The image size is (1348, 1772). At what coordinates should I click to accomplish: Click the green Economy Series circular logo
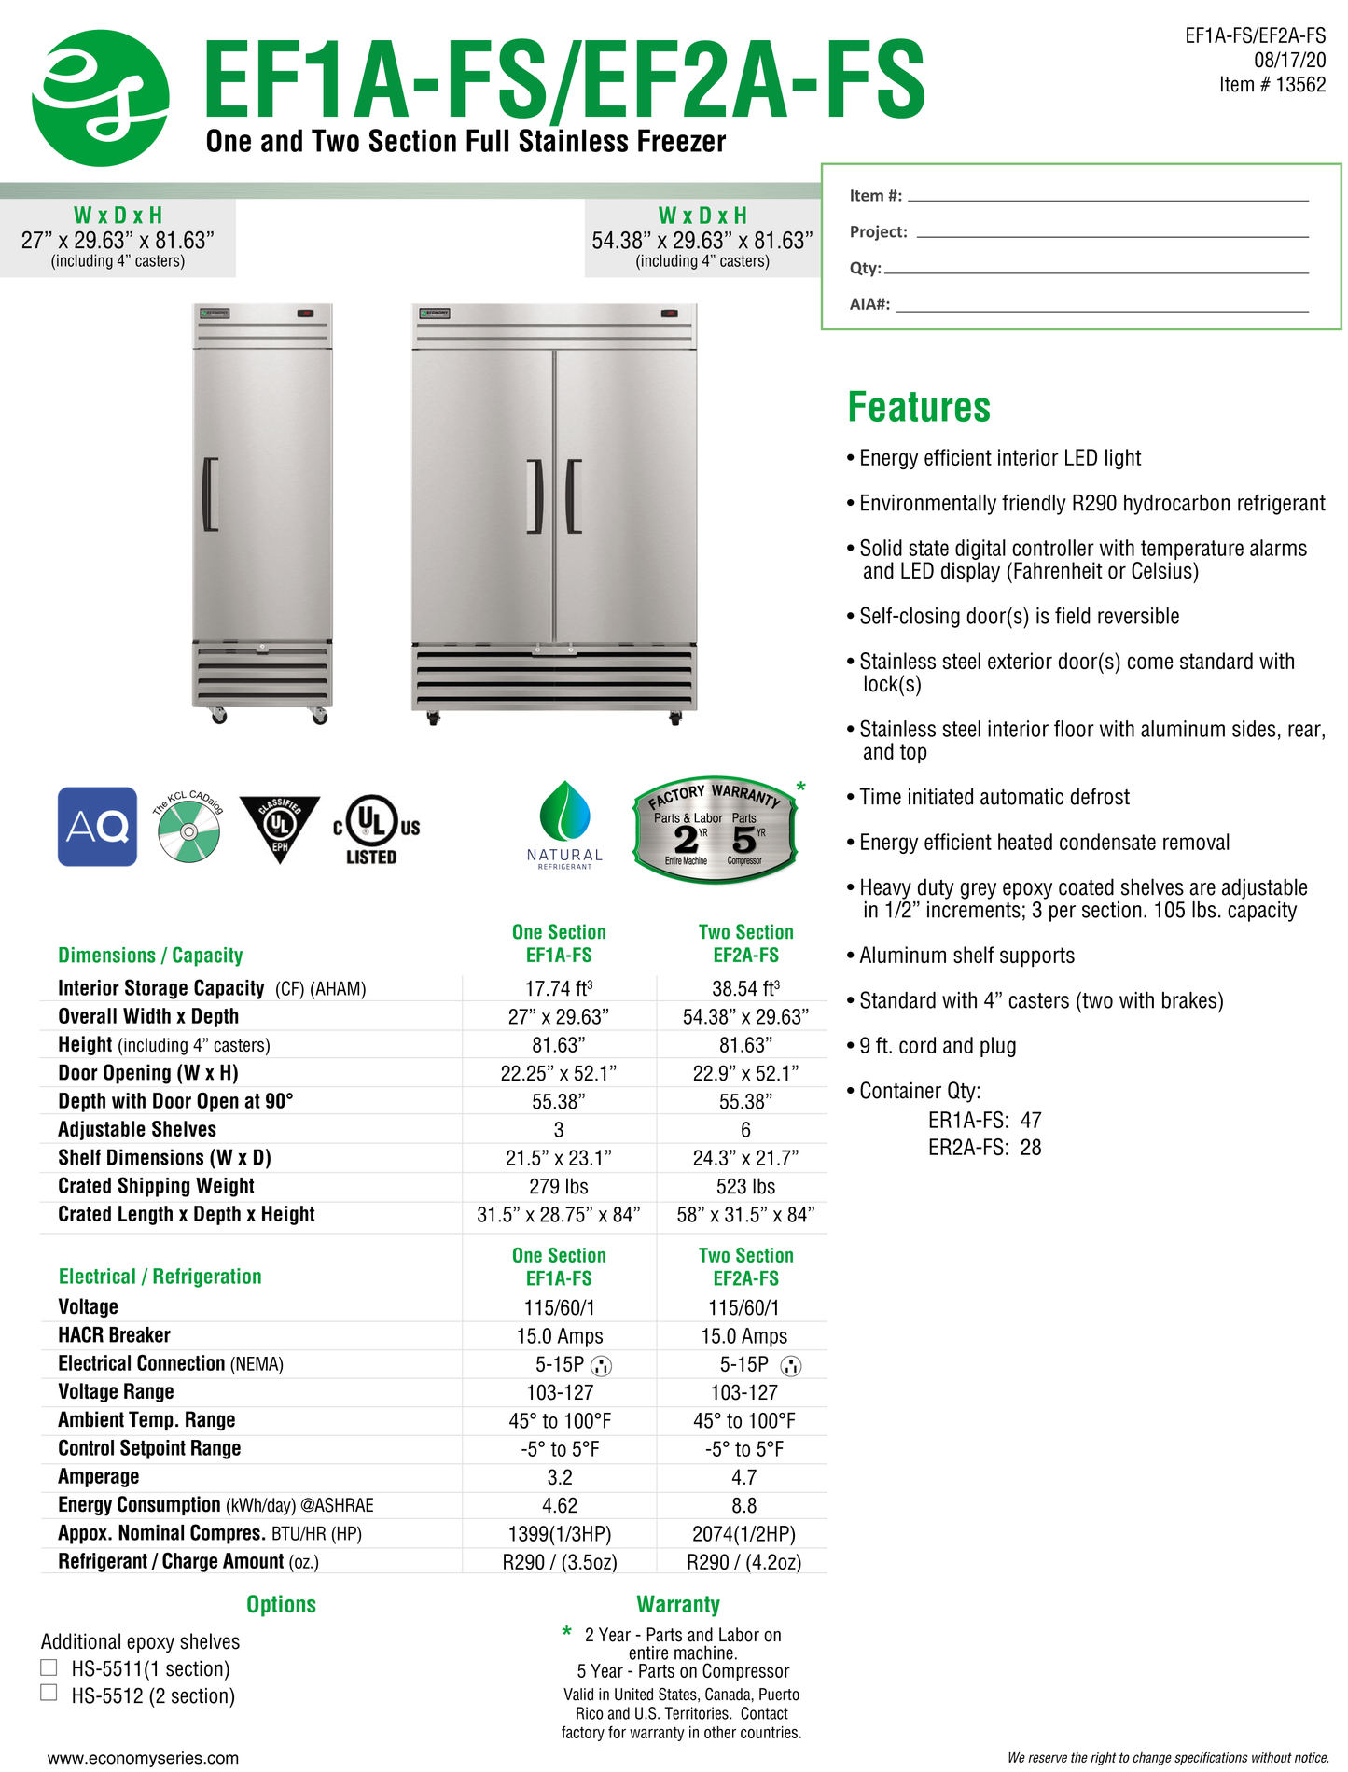click(x=101, y=98)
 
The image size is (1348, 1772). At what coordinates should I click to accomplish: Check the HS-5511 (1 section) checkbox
click(x=49, y=1667)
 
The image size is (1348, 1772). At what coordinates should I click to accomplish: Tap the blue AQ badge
click(x=97, y=826)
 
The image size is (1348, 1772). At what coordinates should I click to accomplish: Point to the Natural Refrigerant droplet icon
click(x=564, y=813)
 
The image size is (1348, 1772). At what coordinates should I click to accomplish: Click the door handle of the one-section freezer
click(x=211, y=495)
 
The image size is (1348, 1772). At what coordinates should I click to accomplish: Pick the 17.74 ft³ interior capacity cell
click(x=558, y=988)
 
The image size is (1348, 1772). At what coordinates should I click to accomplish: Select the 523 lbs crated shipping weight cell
click(x=744, y=1186)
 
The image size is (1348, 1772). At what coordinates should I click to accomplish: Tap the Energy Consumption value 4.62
click(x=560, y=1505)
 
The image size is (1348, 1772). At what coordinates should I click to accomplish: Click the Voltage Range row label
click(x=116, y=1391)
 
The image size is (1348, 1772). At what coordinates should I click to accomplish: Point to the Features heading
click(x=919, y=408)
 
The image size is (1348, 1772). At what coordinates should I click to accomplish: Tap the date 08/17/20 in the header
click(x=1289, y=61)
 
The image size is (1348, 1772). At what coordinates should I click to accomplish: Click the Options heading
click(x=281, y=1604)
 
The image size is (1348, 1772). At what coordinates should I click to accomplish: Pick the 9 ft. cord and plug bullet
click(x=937, y=1046)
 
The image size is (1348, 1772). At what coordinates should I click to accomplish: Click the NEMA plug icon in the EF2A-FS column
click(x=790, y=1366)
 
